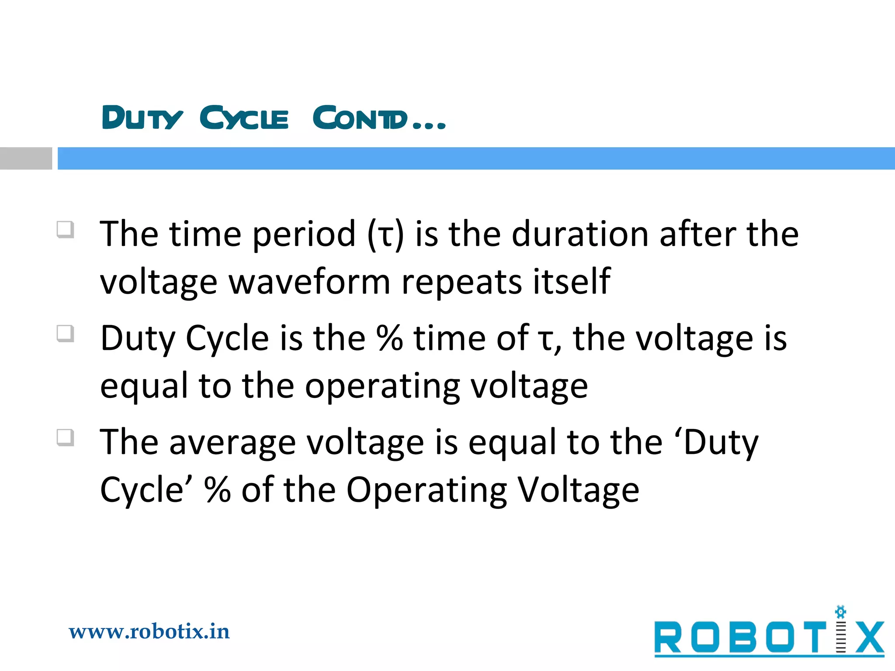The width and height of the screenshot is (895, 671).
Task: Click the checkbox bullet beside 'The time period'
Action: click(65, 229)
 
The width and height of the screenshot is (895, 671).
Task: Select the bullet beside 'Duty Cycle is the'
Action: click(65, 334)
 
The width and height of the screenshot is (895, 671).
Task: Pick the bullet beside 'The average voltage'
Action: click(65, 437)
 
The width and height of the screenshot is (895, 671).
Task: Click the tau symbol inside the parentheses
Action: click(385, 236)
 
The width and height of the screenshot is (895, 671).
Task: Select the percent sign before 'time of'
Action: click(390, 338)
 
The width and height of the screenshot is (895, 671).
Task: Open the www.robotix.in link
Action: click(149, 632)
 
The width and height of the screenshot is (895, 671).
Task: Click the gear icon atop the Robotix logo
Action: click(840, 612)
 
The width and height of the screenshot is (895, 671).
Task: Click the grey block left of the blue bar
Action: click(26, 158)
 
